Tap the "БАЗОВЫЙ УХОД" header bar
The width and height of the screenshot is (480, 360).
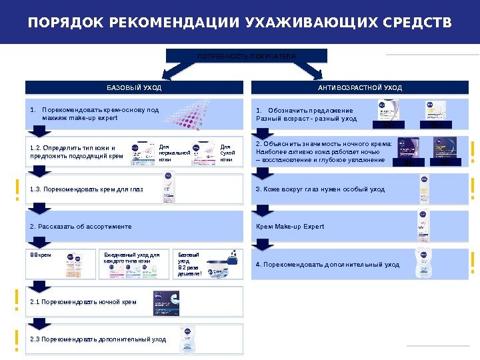click(x=135, y=87)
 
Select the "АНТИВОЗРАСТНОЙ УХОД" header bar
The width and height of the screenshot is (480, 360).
click(x=360, y=87)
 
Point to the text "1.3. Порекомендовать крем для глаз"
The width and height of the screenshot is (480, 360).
click(x=87, y=189)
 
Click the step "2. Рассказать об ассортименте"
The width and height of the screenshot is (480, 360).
click(x=81, y=227)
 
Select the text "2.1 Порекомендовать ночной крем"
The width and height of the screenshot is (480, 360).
click(x=83, y=302)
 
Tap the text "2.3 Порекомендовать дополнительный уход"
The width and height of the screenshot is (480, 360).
click(x=98, y=339)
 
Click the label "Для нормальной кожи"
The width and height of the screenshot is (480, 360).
click(x=174, y=153)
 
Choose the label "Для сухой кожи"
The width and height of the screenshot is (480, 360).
click(x=227, y=153)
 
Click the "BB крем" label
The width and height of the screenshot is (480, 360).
click(x=41, y=255)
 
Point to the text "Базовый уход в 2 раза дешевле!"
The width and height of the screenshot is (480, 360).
click(x=189, y=264)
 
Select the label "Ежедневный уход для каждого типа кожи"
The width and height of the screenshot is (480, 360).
click(x=132, y=257)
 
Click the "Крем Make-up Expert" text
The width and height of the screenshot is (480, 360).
click(x=290, y=227)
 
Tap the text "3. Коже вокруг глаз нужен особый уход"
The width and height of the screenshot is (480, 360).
click(x=321, y=189)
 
